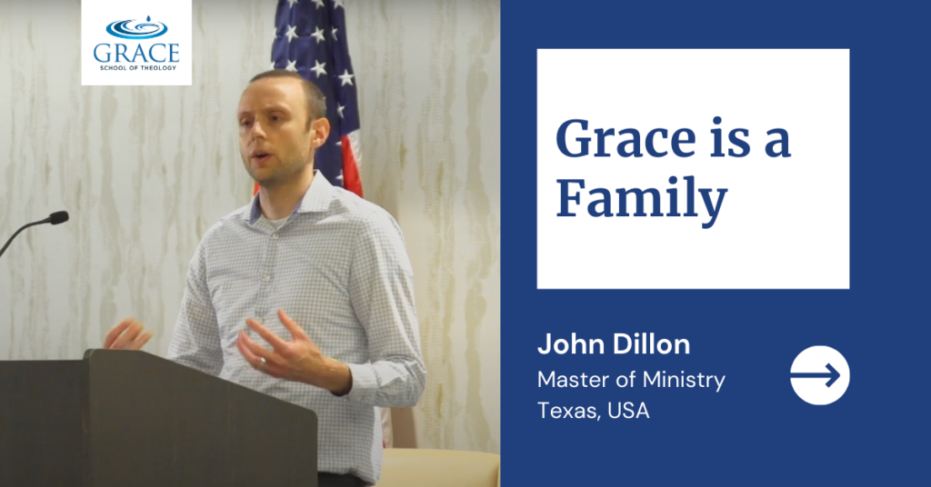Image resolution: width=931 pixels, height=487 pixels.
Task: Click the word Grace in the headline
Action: coord(626,139)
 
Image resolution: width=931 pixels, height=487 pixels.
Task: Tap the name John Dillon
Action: coord(614,344)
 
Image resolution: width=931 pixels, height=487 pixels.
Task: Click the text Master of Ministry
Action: coord(631,380)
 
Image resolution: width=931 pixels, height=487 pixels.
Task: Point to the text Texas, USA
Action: coord(593,411)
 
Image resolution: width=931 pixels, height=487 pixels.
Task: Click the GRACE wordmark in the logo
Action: coord(136,54)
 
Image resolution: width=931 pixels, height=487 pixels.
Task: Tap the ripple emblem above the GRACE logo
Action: coord(136,28)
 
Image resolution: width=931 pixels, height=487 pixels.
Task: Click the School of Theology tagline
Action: coord(138,68)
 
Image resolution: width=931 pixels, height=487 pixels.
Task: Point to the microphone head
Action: coord(58,218)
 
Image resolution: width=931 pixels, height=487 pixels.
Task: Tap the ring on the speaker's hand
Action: coord(263,359)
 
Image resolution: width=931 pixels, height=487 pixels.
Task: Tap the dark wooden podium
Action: coord(157,418)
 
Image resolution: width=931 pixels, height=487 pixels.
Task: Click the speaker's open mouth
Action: coord(259,156)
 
